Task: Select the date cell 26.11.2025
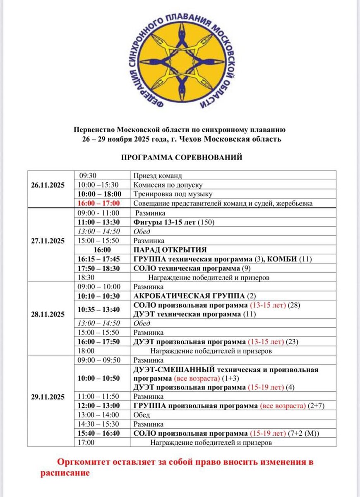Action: coord(48,185)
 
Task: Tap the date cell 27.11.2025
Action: coord(48,241)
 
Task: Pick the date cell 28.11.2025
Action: coord(48,314)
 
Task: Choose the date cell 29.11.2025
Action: coord(48,397)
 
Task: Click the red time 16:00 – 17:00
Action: coord(98,203)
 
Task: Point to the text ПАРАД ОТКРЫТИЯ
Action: coord(170,250)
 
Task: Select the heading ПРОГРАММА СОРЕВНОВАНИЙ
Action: coord(181,157)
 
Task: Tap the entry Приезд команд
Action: coord(152,176)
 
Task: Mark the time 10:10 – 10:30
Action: coord(98,296)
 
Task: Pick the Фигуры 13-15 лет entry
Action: coord(164,222)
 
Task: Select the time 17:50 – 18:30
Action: coord(98,268)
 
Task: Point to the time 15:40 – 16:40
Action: coord(98,433)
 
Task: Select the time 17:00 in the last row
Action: coord(86,442)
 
